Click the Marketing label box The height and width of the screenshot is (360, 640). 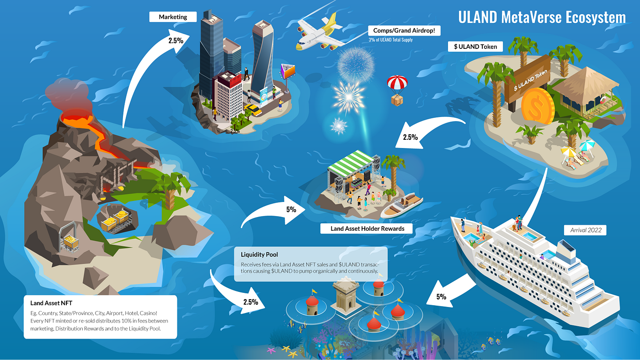pos(173,17)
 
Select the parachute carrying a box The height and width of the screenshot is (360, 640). pos(396,90)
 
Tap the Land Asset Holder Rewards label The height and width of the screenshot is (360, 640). pos(368,228)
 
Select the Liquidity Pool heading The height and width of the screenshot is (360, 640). pos(259,254)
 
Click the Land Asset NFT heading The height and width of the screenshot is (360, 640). pos(51,302)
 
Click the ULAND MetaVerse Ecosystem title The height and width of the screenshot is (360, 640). pos(542,17)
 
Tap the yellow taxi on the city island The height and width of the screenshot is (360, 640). pos(253,110)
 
